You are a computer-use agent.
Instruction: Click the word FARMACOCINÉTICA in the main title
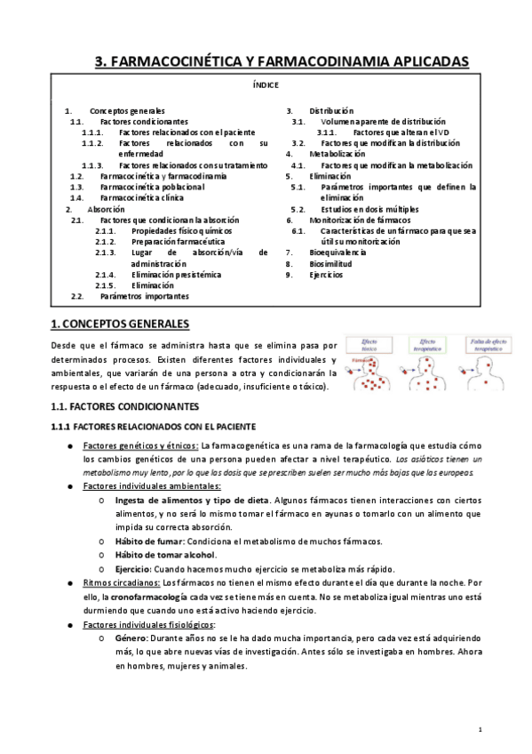[174, 60]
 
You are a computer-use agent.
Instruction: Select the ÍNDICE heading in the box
[266, 85]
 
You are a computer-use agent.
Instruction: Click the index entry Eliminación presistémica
[176, 275]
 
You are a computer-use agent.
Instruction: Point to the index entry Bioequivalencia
[337, 253]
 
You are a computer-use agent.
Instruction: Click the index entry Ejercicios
[325, 275]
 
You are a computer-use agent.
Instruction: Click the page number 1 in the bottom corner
[480, 730]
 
